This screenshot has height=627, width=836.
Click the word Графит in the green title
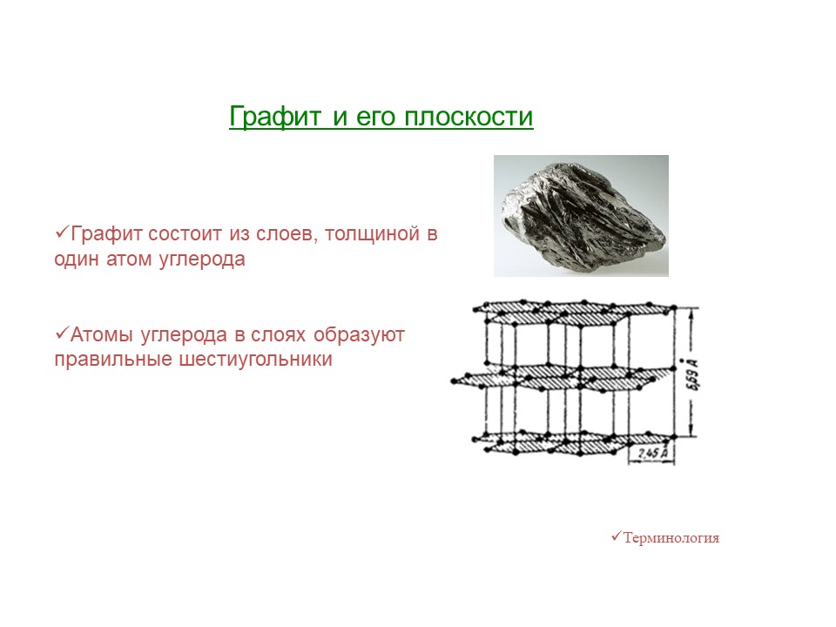pos(276,117)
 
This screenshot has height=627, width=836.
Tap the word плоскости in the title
pos(469,117)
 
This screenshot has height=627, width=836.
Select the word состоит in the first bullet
pos(185,233)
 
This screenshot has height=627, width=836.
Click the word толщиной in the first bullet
pos(372,234)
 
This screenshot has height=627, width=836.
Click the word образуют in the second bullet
pos(359,335)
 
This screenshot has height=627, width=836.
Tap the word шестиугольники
pos(255,360)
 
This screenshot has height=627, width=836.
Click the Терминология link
pos(671,537)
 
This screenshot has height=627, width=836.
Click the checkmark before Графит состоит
pos(63,232)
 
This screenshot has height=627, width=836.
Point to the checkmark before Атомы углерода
pos(63,334)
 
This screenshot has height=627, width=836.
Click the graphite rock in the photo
pos(583,217)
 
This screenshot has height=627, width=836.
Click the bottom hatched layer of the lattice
pos(573,443)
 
